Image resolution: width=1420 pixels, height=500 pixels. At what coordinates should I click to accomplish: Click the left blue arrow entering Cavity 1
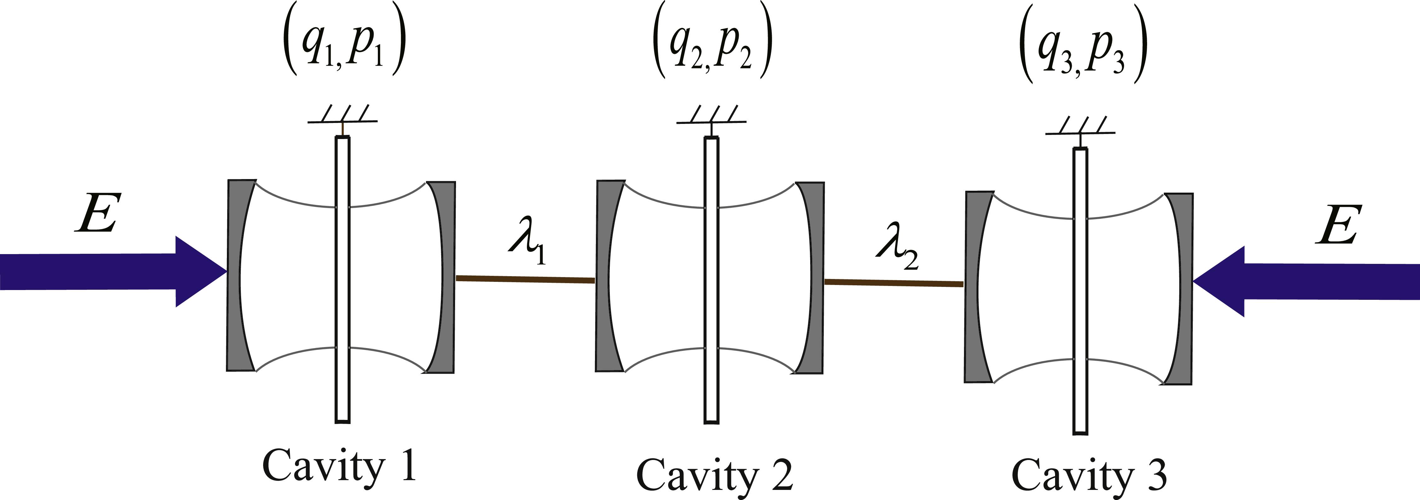[113, 271]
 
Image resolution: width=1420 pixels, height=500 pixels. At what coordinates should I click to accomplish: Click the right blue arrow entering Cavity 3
[1307, 282]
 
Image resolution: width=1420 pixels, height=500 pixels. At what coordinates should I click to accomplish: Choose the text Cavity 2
[715, 474]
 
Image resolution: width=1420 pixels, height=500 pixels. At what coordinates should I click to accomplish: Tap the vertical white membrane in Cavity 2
[712, 280]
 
